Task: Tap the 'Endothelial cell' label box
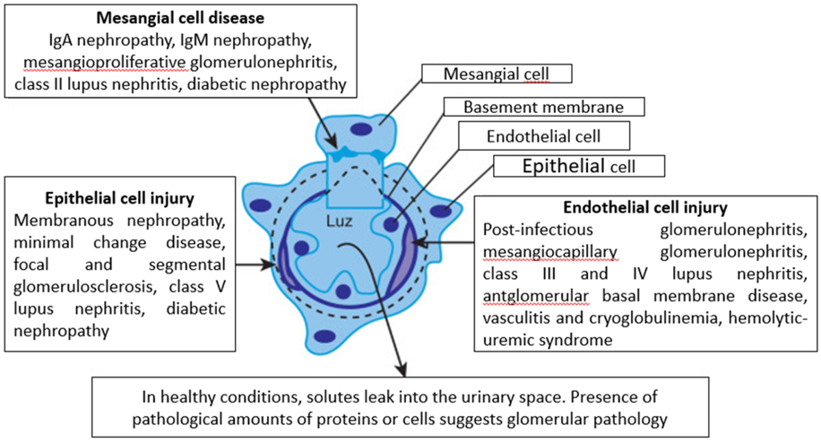point(542,137)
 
